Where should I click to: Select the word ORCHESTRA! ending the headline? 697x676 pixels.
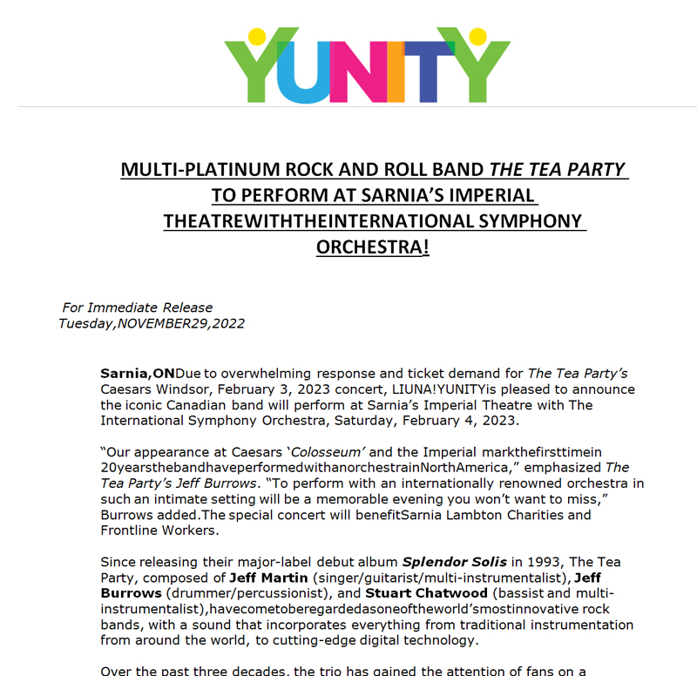[373, 247]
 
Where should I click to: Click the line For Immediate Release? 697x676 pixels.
[138, 308]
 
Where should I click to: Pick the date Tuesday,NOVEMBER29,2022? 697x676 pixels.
[152, 324]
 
